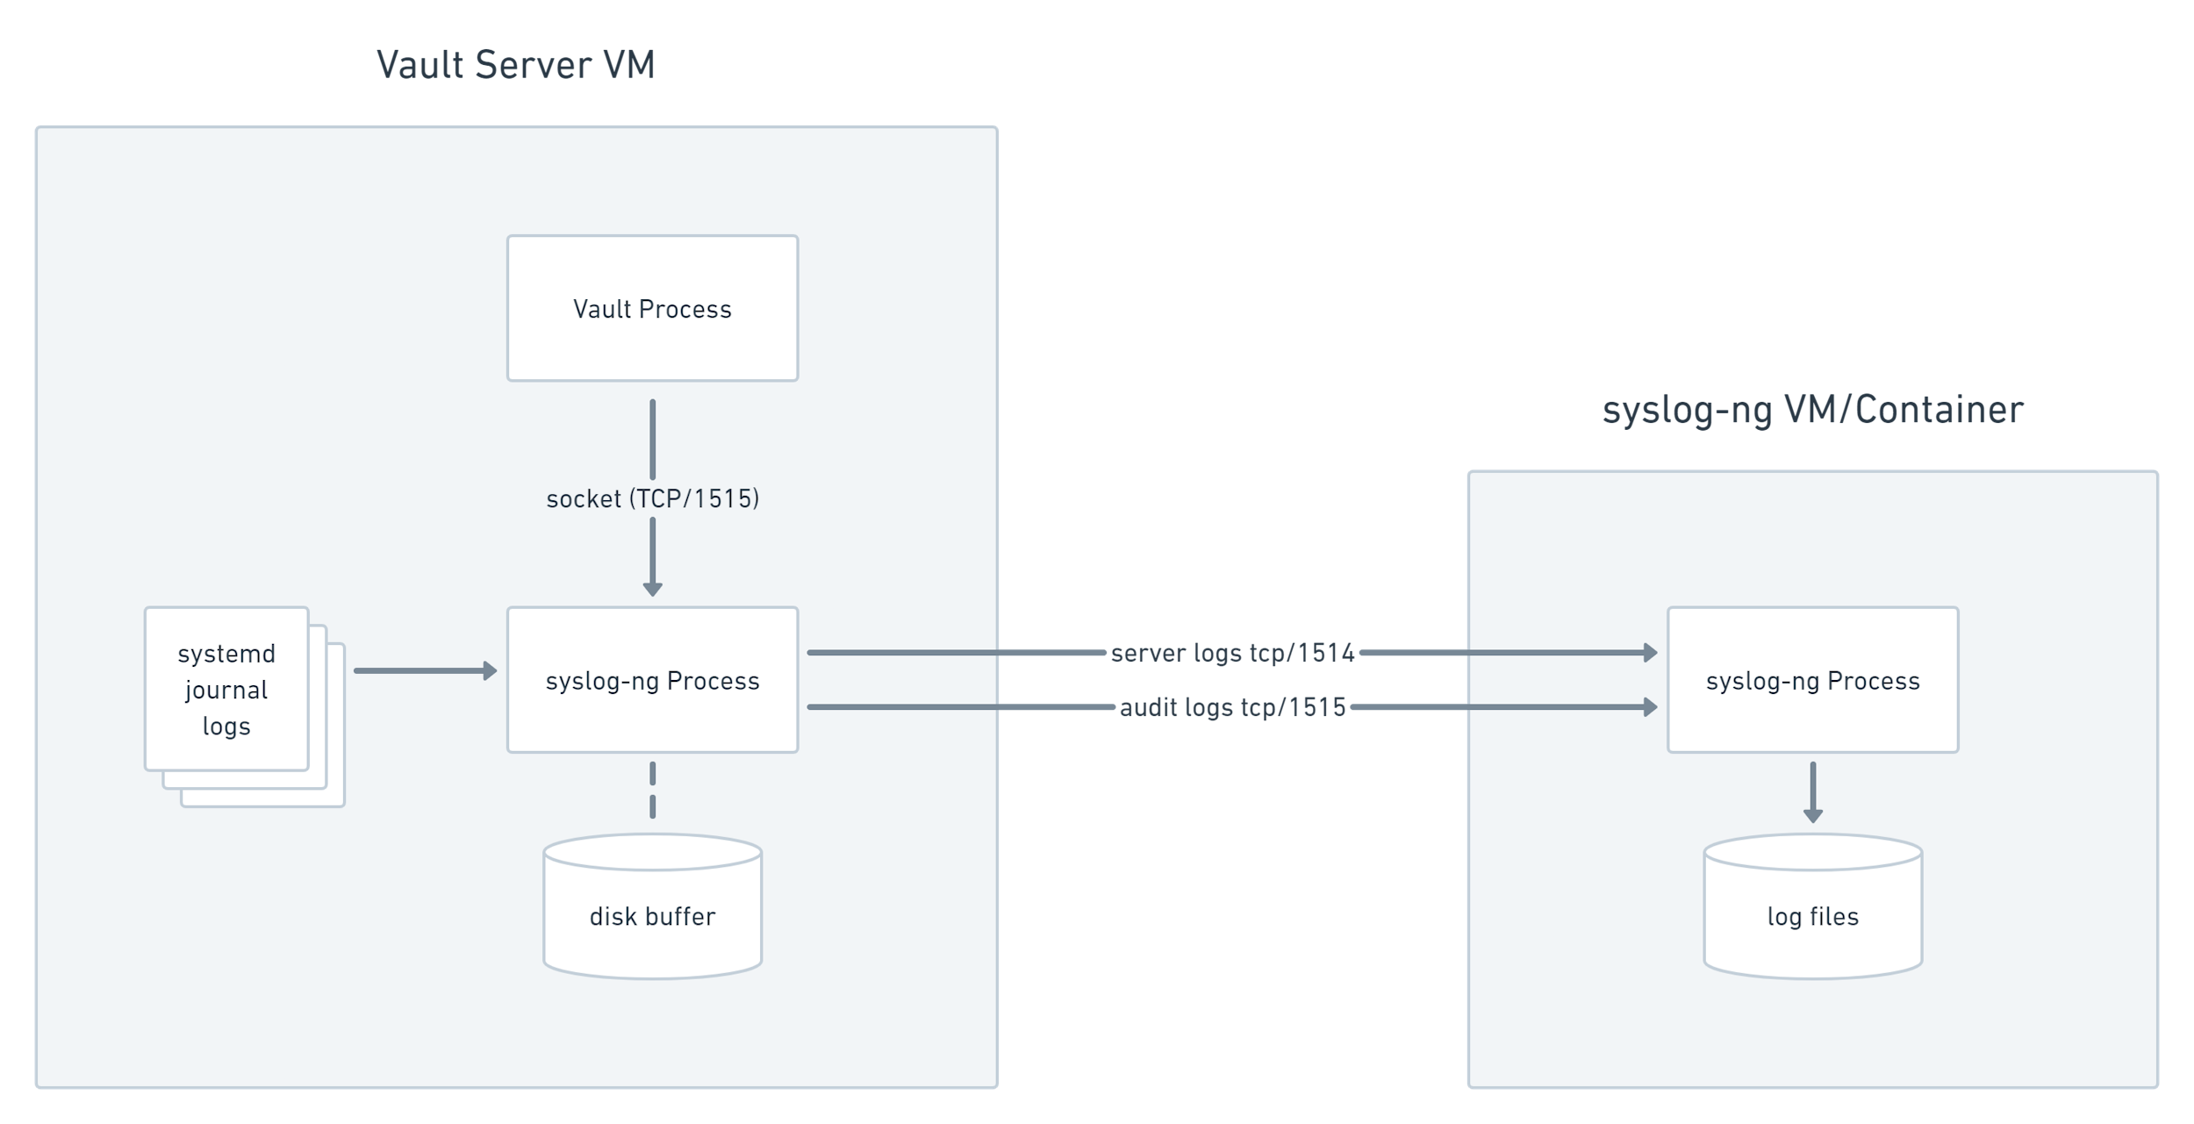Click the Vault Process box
(x=652, y=308)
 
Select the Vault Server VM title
(x=516, y=65)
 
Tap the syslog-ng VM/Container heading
(x=1813, y=410)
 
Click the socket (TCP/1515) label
(x=652, y=498)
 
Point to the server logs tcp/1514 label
(x=1232, y=653)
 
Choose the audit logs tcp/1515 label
(x=1232, y=707)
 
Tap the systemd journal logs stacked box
(x=226, y=689)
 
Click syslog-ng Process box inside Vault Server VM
(x=652, y=680)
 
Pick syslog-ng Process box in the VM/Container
(x=1813, y=680)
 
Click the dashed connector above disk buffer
(x=652, y=790)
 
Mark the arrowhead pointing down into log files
(x=1813, y=816)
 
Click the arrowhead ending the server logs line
(x=1651, y=653)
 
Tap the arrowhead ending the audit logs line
(x=1651, y=707)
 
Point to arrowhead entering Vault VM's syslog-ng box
(x=652, y=589)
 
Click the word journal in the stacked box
(x=226, y=691)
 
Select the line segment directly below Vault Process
(x=652, y=439)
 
